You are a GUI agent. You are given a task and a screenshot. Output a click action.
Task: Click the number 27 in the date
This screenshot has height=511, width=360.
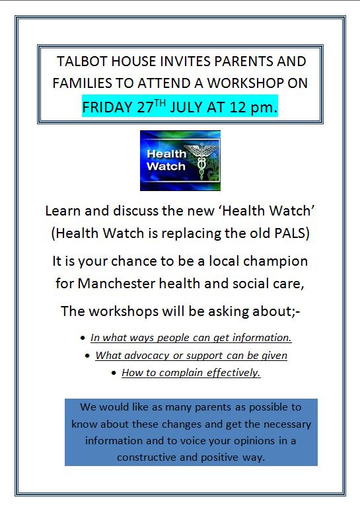145,108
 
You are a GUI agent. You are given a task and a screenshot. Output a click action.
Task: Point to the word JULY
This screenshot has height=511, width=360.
186,108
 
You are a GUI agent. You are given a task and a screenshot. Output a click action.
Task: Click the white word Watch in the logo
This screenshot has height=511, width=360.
166,166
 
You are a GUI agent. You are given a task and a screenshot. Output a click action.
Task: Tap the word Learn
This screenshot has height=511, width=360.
63,211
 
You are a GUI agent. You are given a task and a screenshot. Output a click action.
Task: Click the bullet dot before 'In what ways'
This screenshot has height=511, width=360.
83,338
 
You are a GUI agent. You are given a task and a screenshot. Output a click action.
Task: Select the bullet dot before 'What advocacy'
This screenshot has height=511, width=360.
87,356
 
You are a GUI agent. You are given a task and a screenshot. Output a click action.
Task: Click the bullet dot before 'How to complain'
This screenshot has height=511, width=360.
114,373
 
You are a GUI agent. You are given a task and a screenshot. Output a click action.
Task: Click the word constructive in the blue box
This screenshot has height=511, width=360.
147,457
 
